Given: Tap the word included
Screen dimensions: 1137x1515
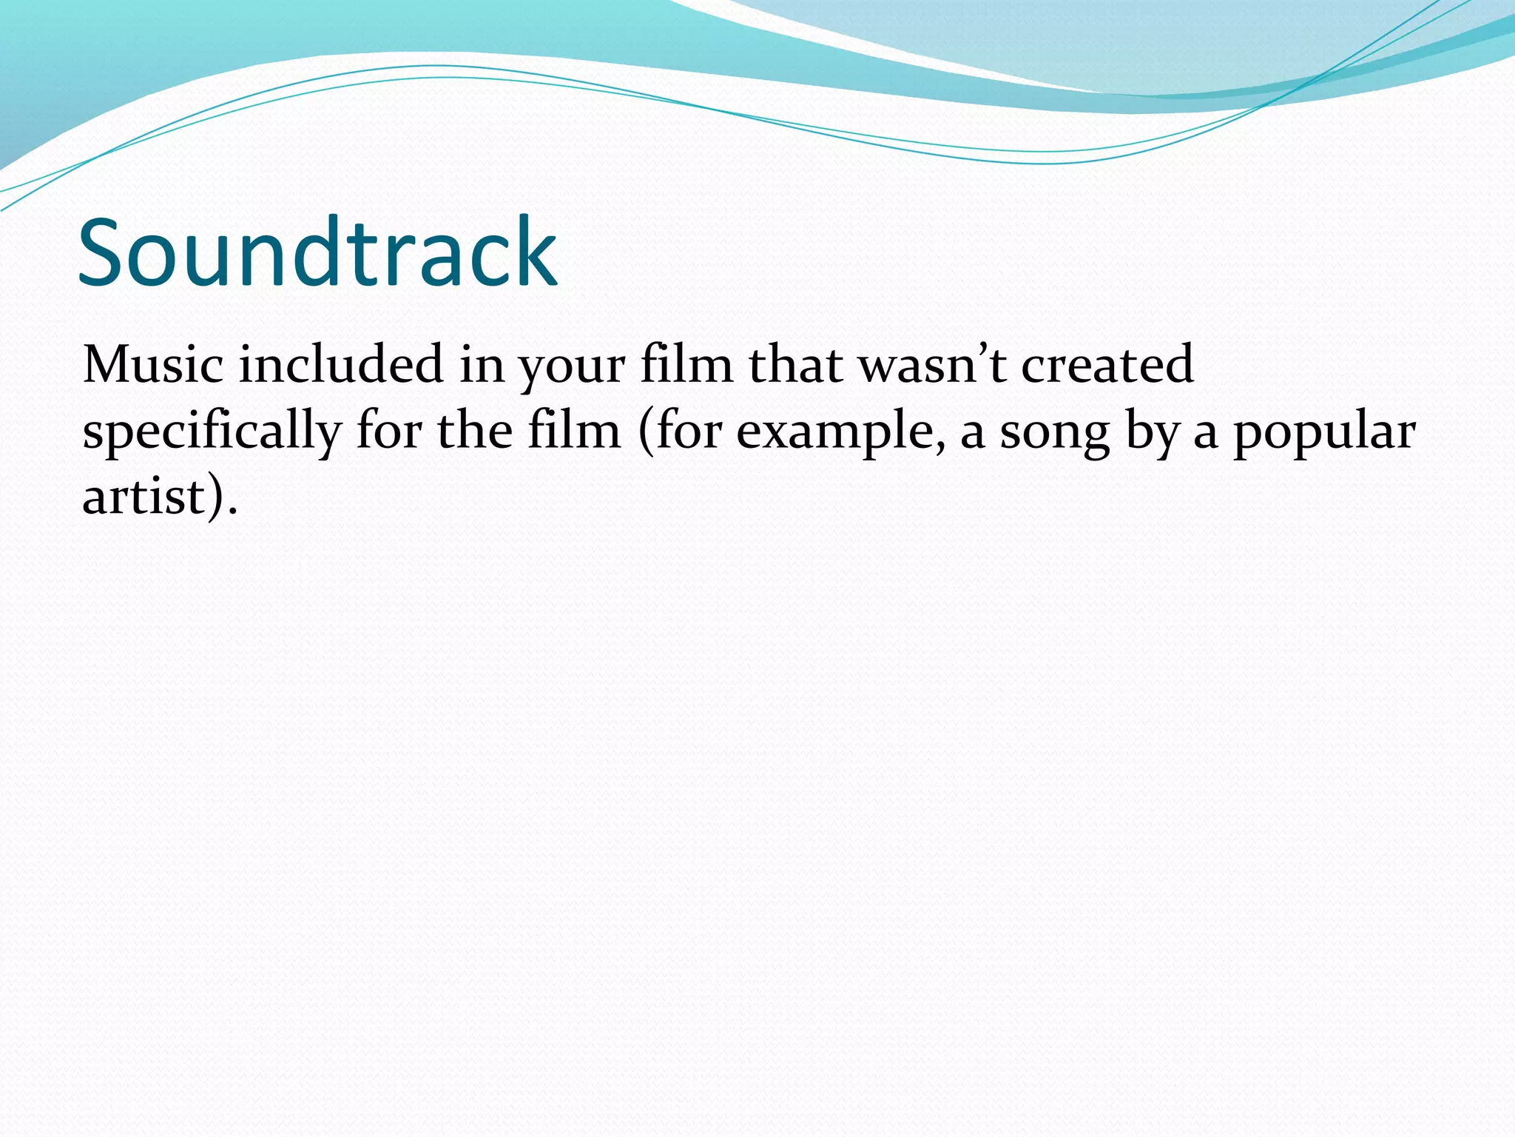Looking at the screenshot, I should click(341, 364).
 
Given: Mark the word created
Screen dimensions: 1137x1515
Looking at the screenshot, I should click(1107, 364).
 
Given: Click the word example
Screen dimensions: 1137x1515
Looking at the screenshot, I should click(835, 432).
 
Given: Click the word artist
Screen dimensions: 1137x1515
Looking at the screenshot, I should click(144, 496).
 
